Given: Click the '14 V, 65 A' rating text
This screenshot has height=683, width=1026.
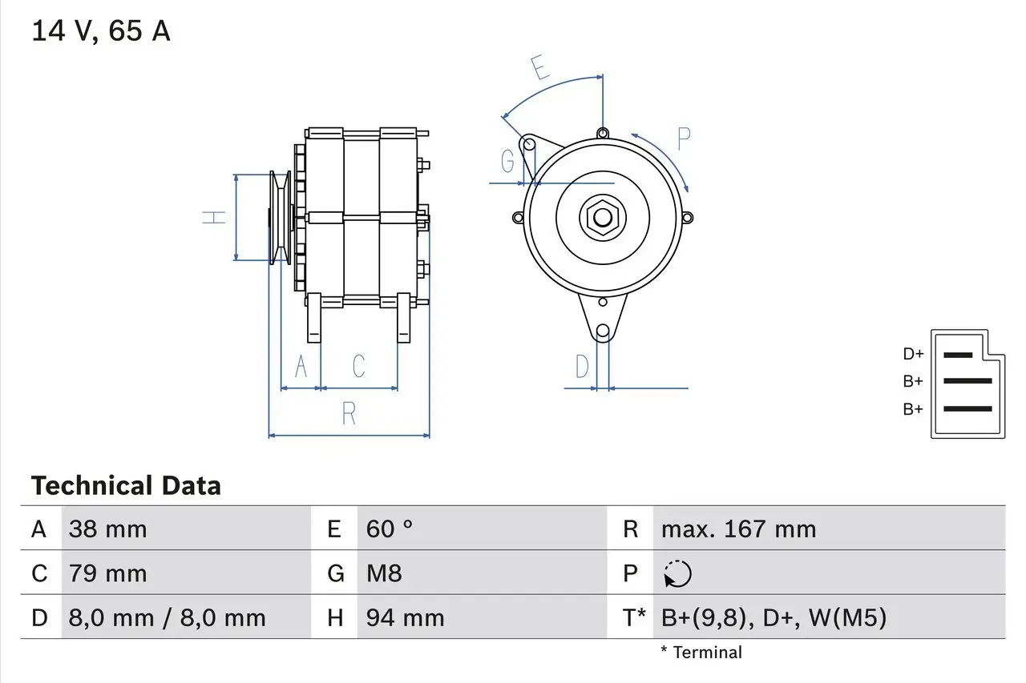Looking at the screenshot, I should pyautogui.click(x=101, y=31).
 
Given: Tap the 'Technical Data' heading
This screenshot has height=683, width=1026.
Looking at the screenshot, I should pyautogui.click(x=126, y=486).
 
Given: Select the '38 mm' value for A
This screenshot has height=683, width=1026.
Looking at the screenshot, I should pyautogui.click(x=107, y=529).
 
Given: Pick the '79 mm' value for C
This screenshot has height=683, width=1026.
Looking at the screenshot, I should pyautogui.click(x=107, y=573).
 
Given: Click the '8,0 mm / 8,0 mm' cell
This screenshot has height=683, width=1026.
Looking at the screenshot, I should pyautogui.click(x=167, y=617).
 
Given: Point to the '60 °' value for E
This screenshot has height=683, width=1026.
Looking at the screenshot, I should pyautogui.click(x=390, y=529).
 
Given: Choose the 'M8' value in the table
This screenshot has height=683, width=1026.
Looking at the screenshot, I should pyautogui.click(x=384, y=573).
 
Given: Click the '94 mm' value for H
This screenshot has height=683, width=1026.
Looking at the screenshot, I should pyautogui.click(x=405, y=617).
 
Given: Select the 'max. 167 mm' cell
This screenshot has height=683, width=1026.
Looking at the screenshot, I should pyautogui.click(x=738, y=529).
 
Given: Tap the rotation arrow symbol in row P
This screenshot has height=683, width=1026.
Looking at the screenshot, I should pyautogui.click(x=677, y=573).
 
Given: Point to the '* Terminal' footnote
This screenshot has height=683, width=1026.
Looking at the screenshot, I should pyautogui.click(x=701, y=653).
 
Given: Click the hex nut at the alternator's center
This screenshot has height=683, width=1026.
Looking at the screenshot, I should pyautogui.click(x=602, y=217).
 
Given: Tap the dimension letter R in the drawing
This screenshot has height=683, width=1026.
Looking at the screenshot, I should pyautogui.click(x=349, y=414).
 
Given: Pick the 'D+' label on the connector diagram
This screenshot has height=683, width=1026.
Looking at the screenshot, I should pyautogui.click(x=913, y=354).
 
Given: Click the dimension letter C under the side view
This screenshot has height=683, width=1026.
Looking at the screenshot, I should pyautogui.click(x=359, y=366).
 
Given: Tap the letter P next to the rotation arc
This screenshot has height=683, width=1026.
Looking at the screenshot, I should pyautogui.click(x=683, y=139).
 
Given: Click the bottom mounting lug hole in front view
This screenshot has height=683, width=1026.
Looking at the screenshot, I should pyautogui.click(x=603, y=330).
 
